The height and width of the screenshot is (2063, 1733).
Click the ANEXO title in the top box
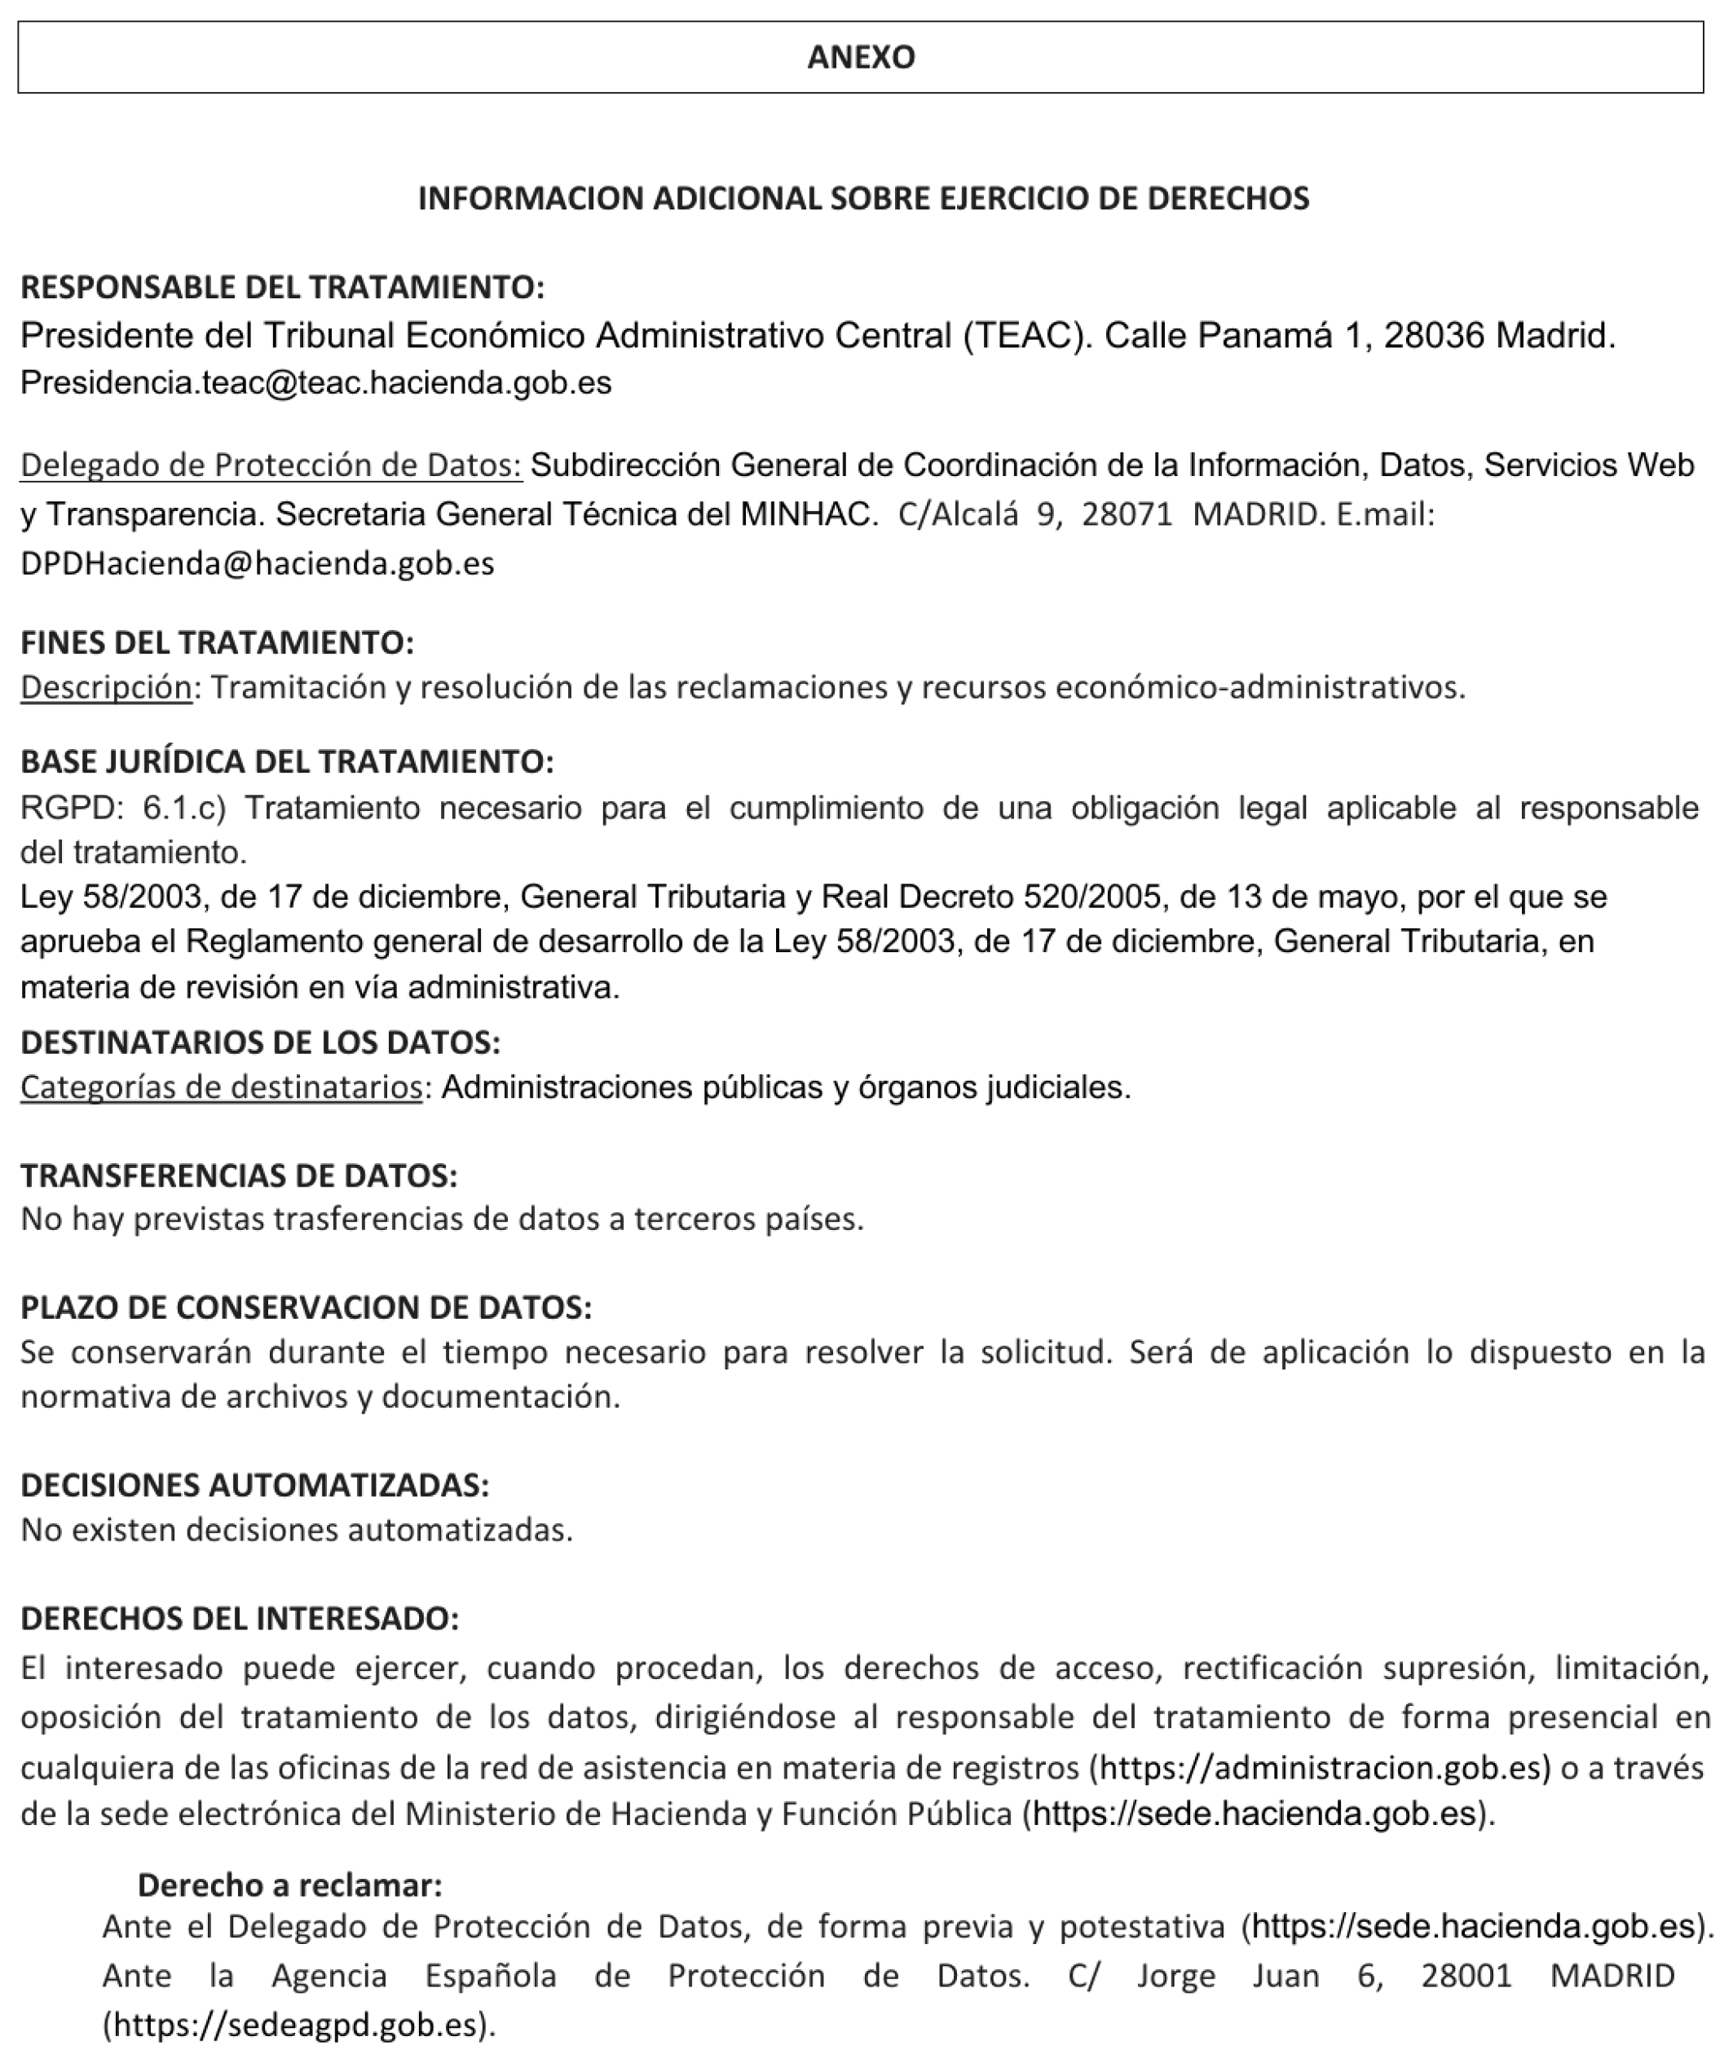(861, 57)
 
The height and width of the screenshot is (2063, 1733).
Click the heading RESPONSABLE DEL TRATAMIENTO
(282, 287)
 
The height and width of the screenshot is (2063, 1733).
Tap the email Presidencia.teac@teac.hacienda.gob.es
(315, 382)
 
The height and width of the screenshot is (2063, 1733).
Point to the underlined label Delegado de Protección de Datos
(271, 465)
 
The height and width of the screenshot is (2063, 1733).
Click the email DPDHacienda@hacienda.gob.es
(258, 563)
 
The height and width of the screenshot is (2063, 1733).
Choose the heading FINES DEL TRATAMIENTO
(217, 642)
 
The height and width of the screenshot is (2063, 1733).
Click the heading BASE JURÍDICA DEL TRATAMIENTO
(287, 761)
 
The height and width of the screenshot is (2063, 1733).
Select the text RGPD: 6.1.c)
(124, 808)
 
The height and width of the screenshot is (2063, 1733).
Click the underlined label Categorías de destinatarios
(221, 1087)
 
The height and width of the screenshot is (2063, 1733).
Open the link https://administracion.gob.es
(1325, 1767)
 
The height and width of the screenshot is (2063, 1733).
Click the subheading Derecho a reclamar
(290, 1884)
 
